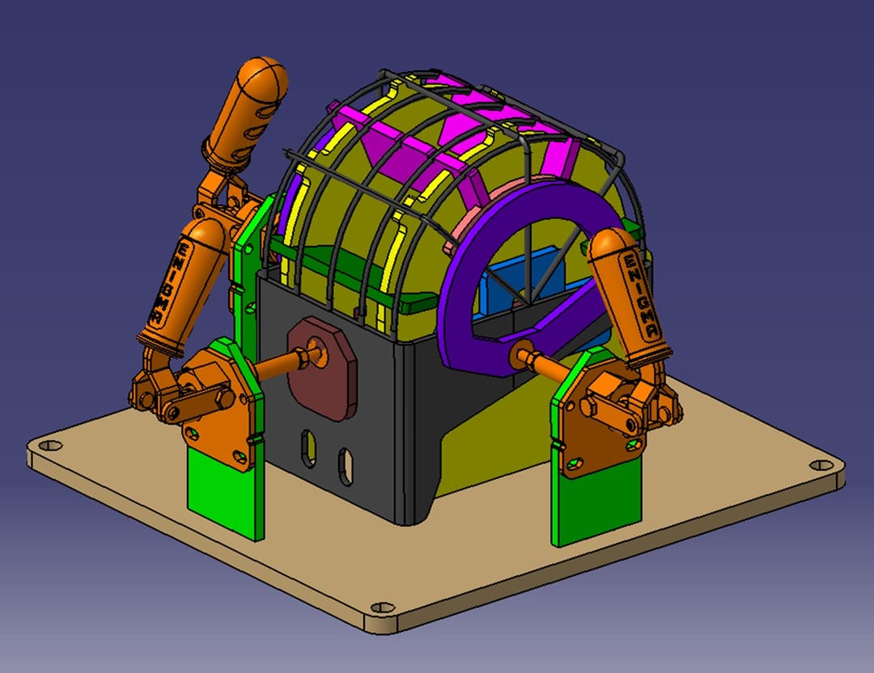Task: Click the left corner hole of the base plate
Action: coord(51,445)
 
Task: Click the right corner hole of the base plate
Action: coord(821,464)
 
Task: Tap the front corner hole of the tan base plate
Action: coord(383,607)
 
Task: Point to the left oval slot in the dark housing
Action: coord(308,447)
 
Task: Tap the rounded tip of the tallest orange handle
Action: coord(263,78)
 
